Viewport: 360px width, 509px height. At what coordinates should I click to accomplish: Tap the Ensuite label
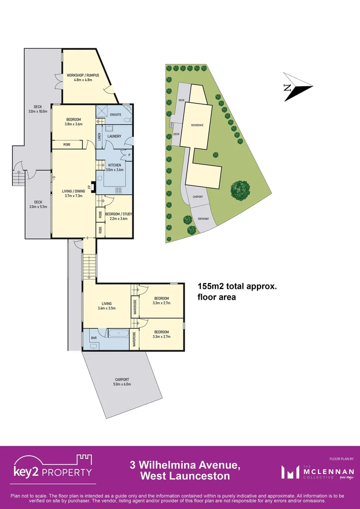[x=115, y=115]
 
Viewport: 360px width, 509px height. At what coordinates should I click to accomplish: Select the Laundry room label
[x=115, y=137]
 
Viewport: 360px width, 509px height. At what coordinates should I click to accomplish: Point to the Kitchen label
[x=115, y=165]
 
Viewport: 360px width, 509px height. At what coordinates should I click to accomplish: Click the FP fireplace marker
[x=89, y=187]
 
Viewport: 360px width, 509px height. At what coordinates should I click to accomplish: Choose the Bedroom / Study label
[x=121, y=214]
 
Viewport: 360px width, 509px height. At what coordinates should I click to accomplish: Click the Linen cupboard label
[x=99, y=137]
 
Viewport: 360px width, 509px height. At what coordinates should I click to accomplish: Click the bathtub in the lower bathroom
[x=119, y=334]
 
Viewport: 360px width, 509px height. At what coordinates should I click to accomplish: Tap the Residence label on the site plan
[x=197, y=125]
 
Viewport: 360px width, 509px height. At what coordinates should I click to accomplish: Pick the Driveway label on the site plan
[x=204, y=219]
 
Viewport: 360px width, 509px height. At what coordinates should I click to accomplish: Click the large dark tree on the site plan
[x=241, y=190]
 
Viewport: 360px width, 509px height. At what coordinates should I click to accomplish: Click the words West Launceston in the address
[x=185, y=476]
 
